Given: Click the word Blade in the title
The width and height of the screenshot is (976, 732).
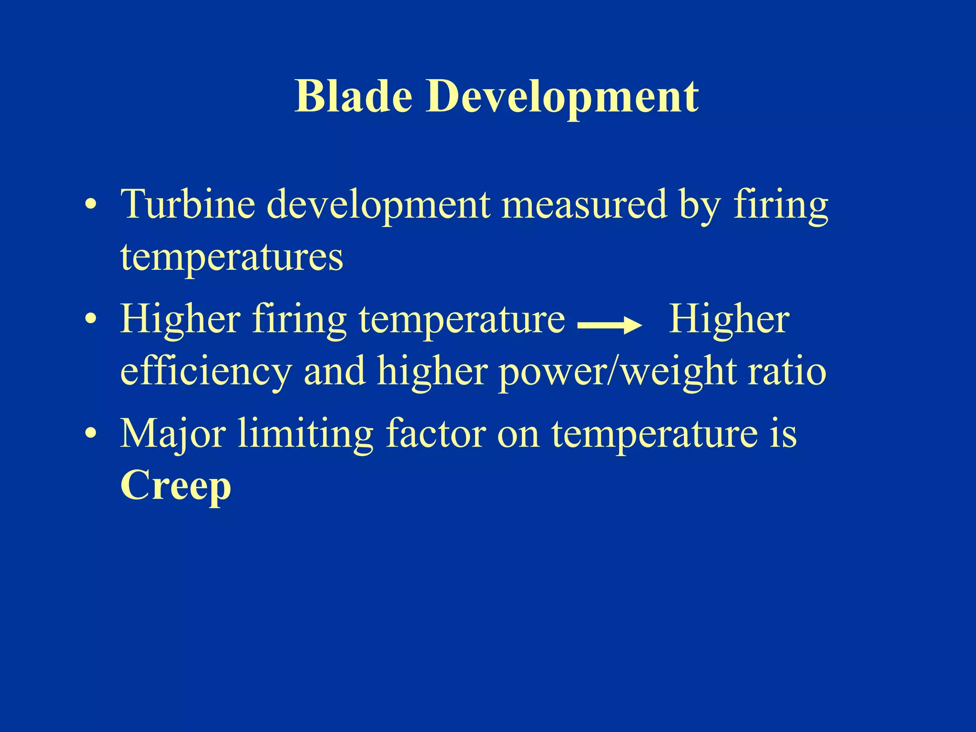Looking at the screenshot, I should [353, 97].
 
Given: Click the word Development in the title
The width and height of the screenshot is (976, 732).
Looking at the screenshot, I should [562, 97].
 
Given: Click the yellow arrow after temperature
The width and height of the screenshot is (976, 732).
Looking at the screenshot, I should [610, 326].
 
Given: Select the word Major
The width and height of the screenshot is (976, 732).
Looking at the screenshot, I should [173, 434].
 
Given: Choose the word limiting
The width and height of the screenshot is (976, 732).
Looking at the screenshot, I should [305, 434].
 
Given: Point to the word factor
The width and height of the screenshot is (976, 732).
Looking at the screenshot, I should [436, 434].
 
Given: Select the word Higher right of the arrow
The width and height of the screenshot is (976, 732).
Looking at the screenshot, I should [729, 319].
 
